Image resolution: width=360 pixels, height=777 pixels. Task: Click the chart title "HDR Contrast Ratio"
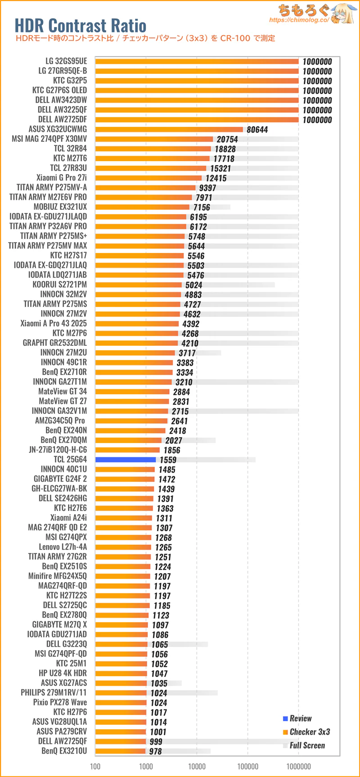coord(81,25)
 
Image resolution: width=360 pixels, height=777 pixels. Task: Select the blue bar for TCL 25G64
coord(126,460)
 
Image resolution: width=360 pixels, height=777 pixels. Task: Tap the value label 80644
coord(257,130)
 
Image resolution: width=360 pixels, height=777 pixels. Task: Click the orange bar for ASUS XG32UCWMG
coord(169,130)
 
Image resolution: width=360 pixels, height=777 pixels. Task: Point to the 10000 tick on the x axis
coord(197,766)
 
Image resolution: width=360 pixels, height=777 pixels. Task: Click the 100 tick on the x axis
coord(95,766)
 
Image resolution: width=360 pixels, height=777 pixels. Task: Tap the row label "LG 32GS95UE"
coord(66,61)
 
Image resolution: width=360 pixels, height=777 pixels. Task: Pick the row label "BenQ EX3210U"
coord(64,751)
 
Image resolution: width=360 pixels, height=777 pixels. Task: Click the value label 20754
coord(227,140)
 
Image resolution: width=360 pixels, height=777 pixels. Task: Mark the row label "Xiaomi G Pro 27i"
coord(62,178)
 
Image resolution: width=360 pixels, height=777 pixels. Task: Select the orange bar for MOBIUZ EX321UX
coord(142,207)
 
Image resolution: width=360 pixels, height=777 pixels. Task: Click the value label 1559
coord(168,460)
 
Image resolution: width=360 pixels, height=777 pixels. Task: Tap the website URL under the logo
coord(299,20)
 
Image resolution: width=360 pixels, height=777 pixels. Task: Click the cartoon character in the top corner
coord(344,14)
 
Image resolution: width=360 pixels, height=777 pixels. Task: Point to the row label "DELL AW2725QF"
coord(63,741)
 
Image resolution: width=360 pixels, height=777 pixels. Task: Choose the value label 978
coord(155,751)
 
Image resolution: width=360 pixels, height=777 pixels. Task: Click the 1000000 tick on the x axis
coord(299,766)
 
